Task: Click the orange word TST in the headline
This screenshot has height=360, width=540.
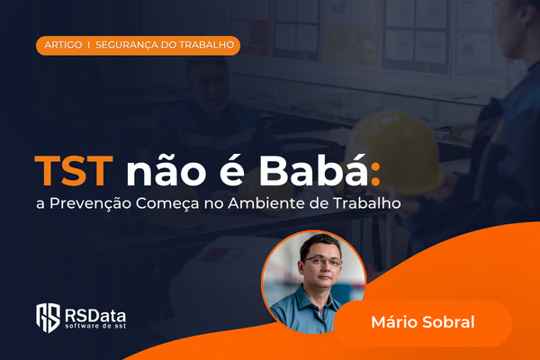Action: [x=74, y=171]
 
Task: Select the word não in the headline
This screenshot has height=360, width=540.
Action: [x=166, y=170]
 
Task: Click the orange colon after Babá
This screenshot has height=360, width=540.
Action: [x=375, y=175]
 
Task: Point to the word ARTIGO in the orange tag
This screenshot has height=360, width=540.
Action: [x=63, y=45]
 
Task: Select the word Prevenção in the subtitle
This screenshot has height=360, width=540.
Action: [x=91, y=203]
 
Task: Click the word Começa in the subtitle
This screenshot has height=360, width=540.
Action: [x=167, y=203]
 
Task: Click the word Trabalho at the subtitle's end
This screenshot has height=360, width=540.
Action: [x=367, y=203]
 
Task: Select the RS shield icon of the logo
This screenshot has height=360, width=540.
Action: [x=49, y=318]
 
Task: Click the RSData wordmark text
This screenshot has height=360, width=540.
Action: [x=95, y=315]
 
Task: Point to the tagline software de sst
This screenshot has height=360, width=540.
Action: [x=95, y=326]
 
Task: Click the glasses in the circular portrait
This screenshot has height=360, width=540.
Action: [x=322, y=262]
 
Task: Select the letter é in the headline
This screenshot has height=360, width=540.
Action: [x=232, y=170]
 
